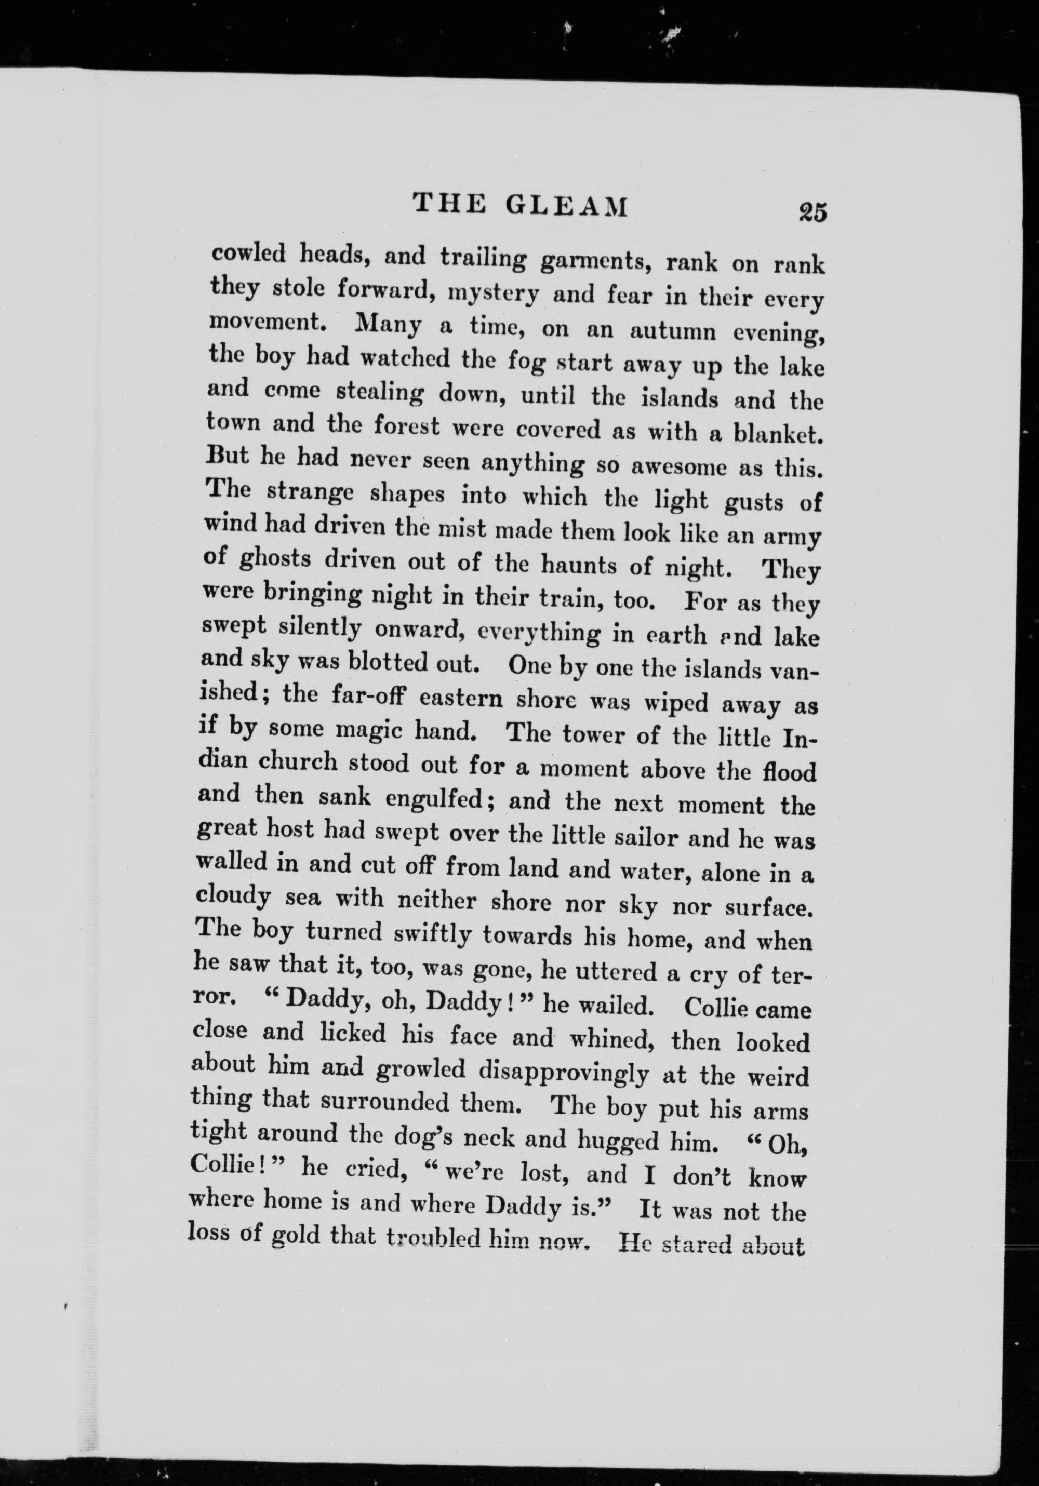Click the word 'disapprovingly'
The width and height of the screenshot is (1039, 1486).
coord(563,1073)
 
